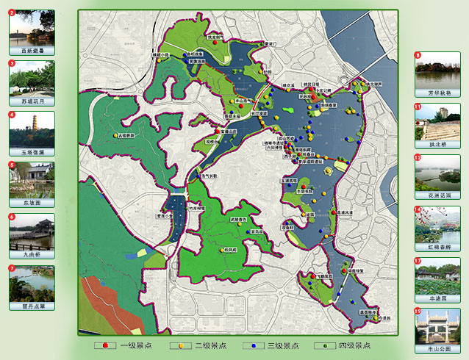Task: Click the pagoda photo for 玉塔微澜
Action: (32, 129)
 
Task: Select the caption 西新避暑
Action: (32, 51)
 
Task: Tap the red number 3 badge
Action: (12, 64)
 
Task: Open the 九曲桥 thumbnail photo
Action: (32, 231)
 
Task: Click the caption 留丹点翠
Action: (32, 305)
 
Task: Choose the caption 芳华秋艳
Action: (437, 93)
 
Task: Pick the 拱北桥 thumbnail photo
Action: (437, 120)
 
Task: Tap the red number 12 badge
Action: (418, 158)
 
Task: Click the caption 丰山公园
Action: (437, 349)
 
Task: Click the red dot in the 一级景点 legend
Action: (107, 344)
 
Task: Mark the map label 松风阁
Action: (231, 250)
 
